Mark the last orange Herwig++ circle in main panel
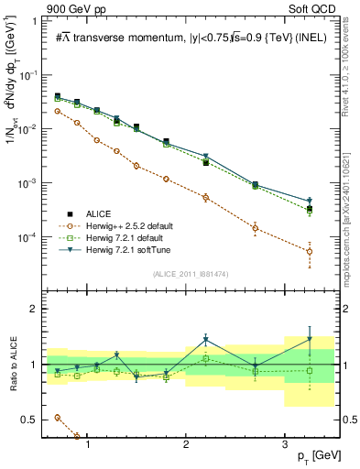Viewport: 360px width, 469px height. [310, 251]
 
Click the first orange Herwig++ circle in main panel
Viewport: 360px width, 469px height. [58, 111]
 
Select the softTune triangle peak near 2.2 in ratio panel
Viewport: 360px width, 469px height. [206, 340]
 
